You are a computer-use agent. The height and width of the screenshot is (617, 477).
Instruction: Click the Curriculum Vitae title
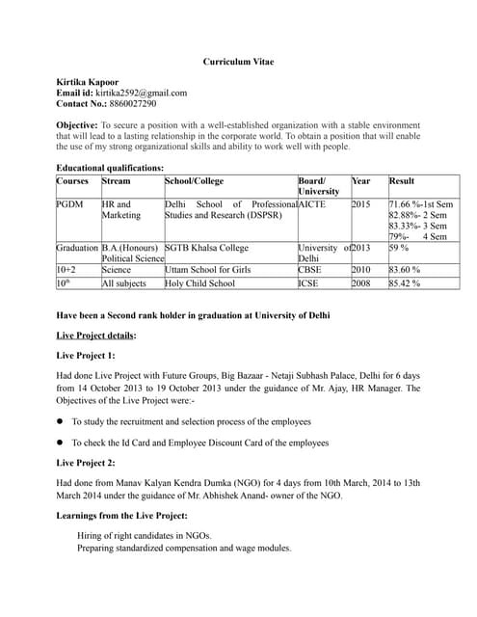point(238,62)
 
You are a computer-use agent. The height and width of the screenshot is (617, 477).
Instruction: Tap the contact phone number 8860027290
point(134,103)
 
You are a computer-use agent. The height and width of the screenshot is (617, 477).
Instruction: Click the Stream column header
point(117,181)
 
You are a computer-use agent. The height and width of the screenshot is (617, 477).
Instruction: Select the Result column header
point(403,181)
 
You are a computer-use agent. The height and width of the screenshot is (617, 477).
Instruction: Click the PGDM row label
point(70,205)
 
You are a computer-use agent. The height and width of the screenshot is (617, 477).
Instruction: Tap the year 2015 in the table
point(361,205)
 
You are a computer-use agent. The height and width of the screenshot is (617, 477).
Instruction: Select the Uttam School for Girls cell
point(208,271)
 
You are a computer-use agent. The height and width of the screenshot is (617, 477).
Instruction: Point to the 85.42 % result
point(405,284)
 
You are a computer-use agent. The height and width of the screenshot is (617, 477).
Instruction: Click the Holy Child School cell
point(200,284)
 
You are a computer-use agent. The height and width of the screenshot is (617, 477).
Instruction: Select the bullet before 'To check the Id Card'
point(61,443)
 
